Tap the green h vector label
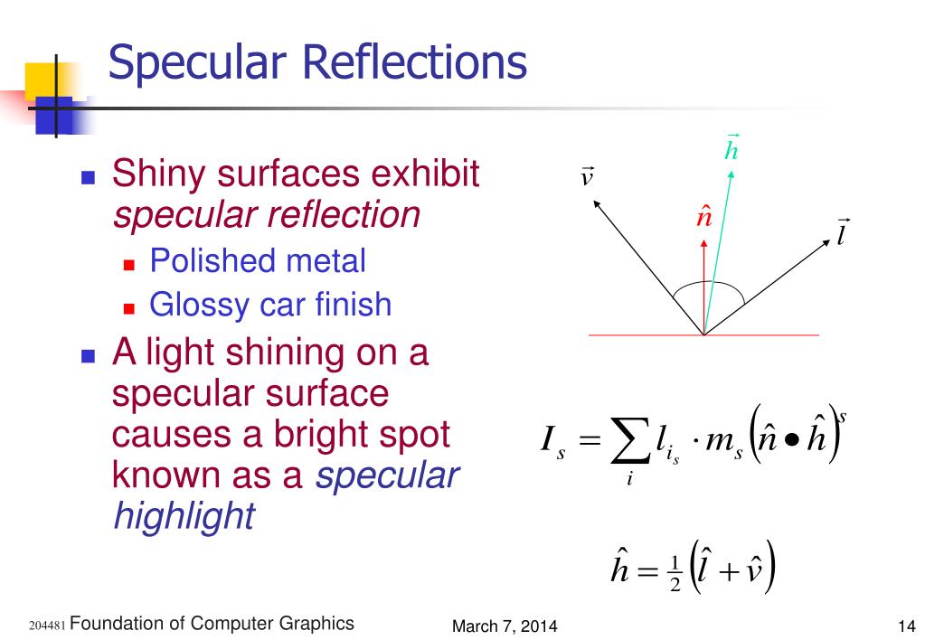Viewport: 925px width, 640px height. pyautogui.click(x=732, y=148)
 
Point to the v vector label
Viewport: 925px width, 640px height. pyautogui.click(x=587, y=176)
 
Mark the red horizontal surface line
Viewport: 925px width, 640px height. pyautogui.click(x=633, y=335)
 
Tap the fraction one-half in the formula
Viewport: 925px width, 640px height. pyautogui.click(x=674, y=575)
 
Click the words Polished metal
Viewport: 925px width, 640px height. pyautogui.click(x=258, y=261)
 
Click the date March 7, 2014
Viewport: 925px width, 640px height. pyautogui.click(x=505, y=626)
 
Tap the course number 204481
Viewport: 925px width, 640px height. pyautogui.click(x=46, y=626)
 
